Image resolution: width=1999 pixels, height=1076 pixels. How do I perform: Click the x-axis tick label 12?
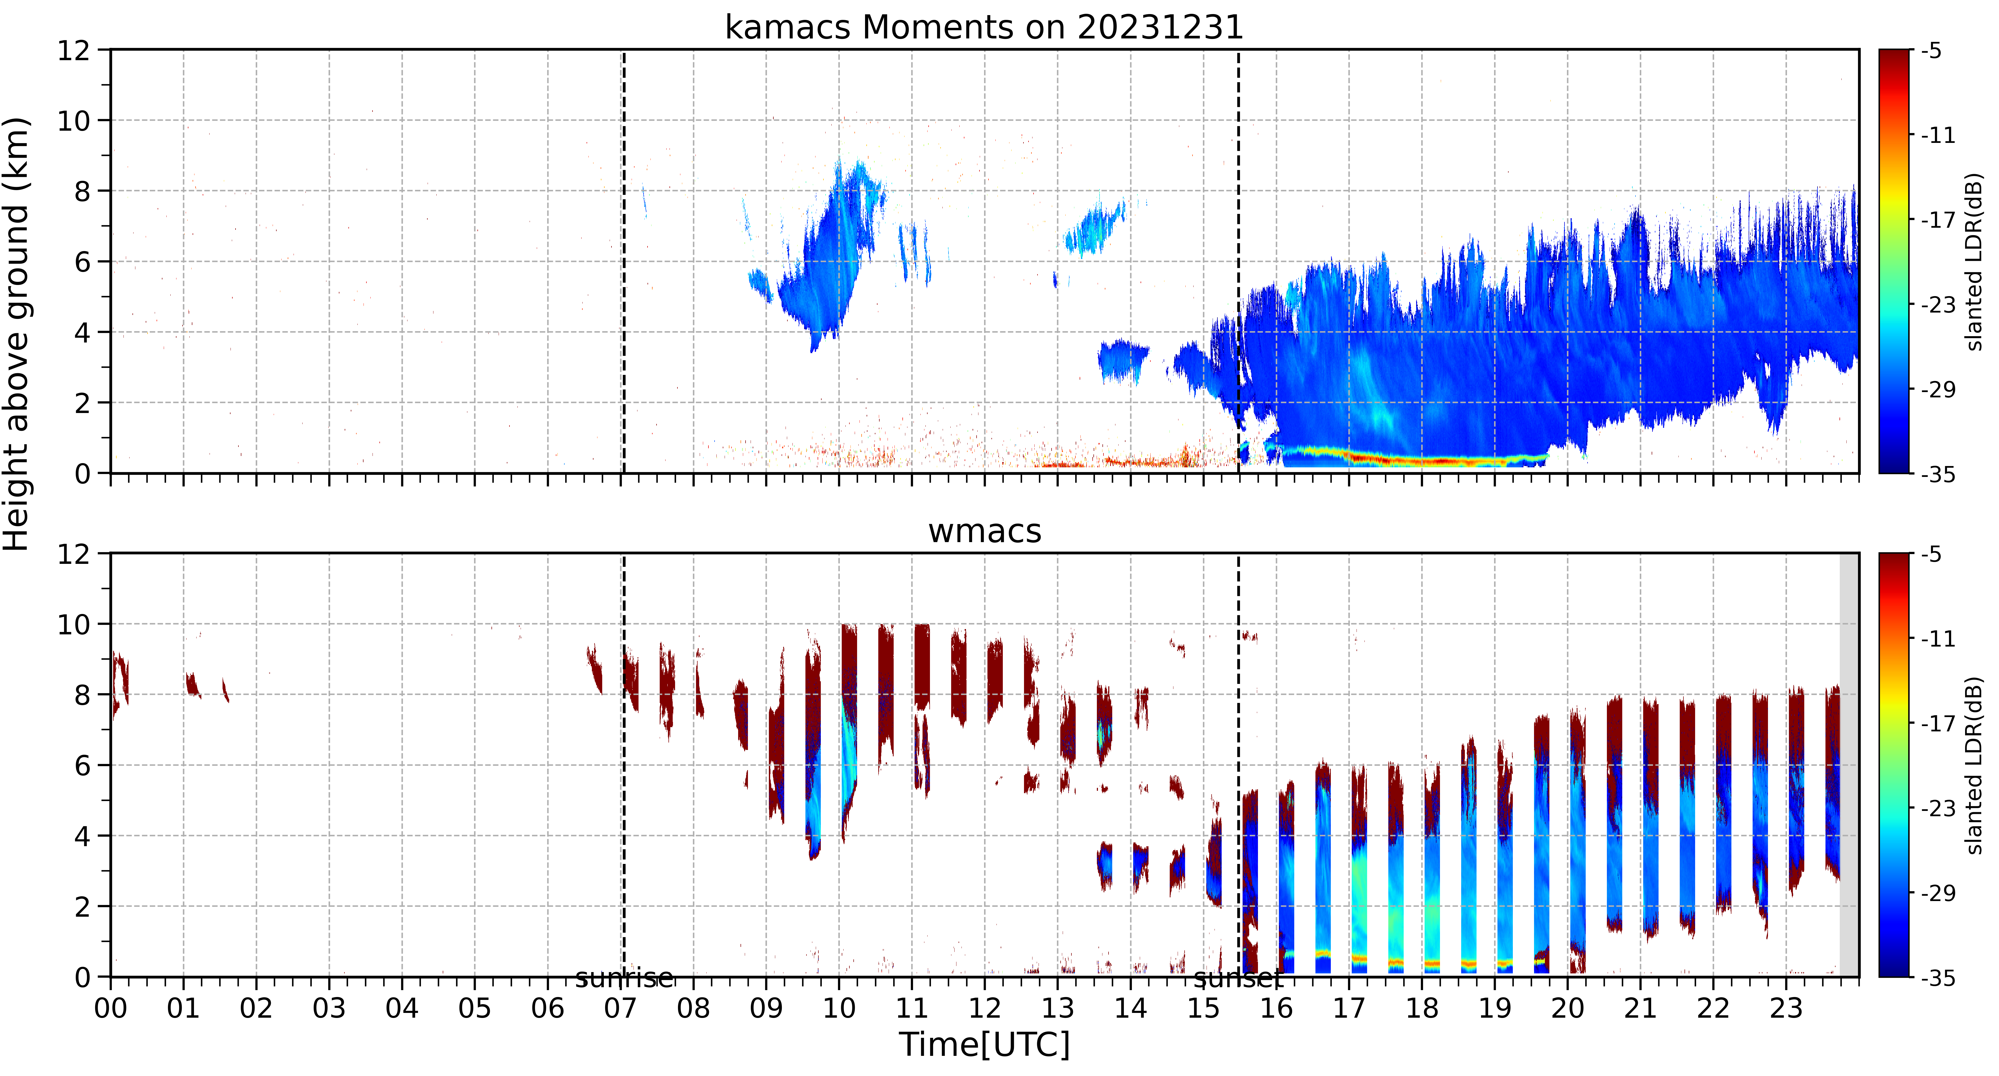(x=984, y=1008)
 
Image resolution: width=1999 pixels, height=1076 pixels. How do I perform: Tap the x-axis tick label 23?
(x=1786, y=1008)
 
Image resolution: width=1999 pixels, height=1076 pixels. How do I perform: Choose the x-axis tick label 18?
(x=1422, y=1008)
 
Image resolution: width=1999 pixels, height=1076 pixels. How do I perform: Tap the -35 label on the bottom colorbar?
(x=1938, y=978)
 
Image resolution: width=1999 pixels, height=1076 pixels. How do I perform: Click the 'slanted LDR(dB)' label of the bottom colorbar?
(x=1975, y=766)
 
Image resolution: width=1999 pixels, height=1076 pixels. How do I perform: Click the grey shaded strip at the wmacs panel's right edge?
(x=1849, y=765)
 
